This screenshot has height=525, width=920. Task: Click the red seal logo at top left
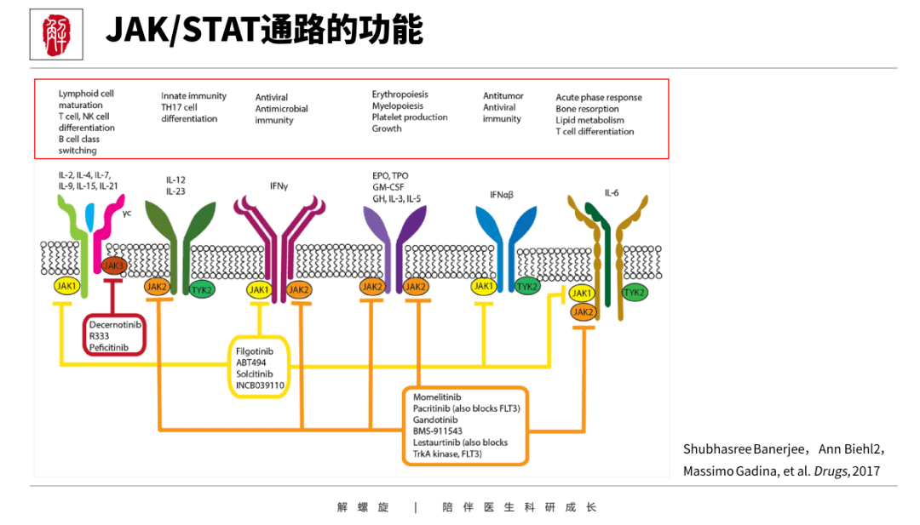click(56, 34)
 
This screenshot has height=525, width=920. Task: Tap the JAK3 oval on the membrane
click(113, 266)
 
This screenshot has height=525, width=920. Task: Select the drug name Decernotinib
click(113, 324)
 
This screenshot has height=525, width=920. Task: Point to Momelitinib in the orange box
click(437, 397)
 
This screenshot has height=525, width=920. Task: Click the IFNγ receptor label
click(279, 184)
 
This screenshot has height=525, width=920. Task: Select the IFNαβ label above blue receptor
click(502, 195)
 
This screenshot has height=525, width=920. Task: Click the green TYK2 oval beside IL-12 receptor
click(202, 289)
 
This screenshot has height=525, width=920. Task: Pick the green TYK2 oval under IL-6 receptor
click(635, 293)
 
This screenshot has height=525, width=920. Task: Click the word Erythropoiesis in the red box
click(400, 94)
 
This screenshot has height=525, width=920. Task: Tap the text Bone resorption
click(587, 109)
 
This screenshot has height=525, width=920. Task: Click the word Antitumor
click(503, 96)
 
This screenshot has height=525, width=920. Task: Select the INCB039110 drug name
click(260, 385)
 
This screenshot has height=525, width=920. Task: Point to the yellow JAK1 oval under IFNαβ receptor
click(484, 287)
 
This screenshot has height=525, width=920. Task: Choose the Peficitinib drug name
click(108, 347)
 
